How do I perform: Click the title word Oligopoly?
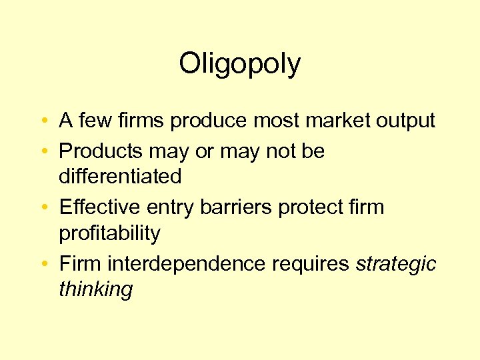click(240, 65)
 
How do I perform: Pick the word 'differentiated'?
click(120, 177)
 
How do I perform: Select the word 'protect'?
click(307, 207)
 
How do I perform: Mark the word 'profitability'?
click(109, 233)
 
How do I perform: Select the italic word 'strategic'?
click(396, 264)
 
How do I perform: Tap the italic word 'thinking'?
click(96, 289)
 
